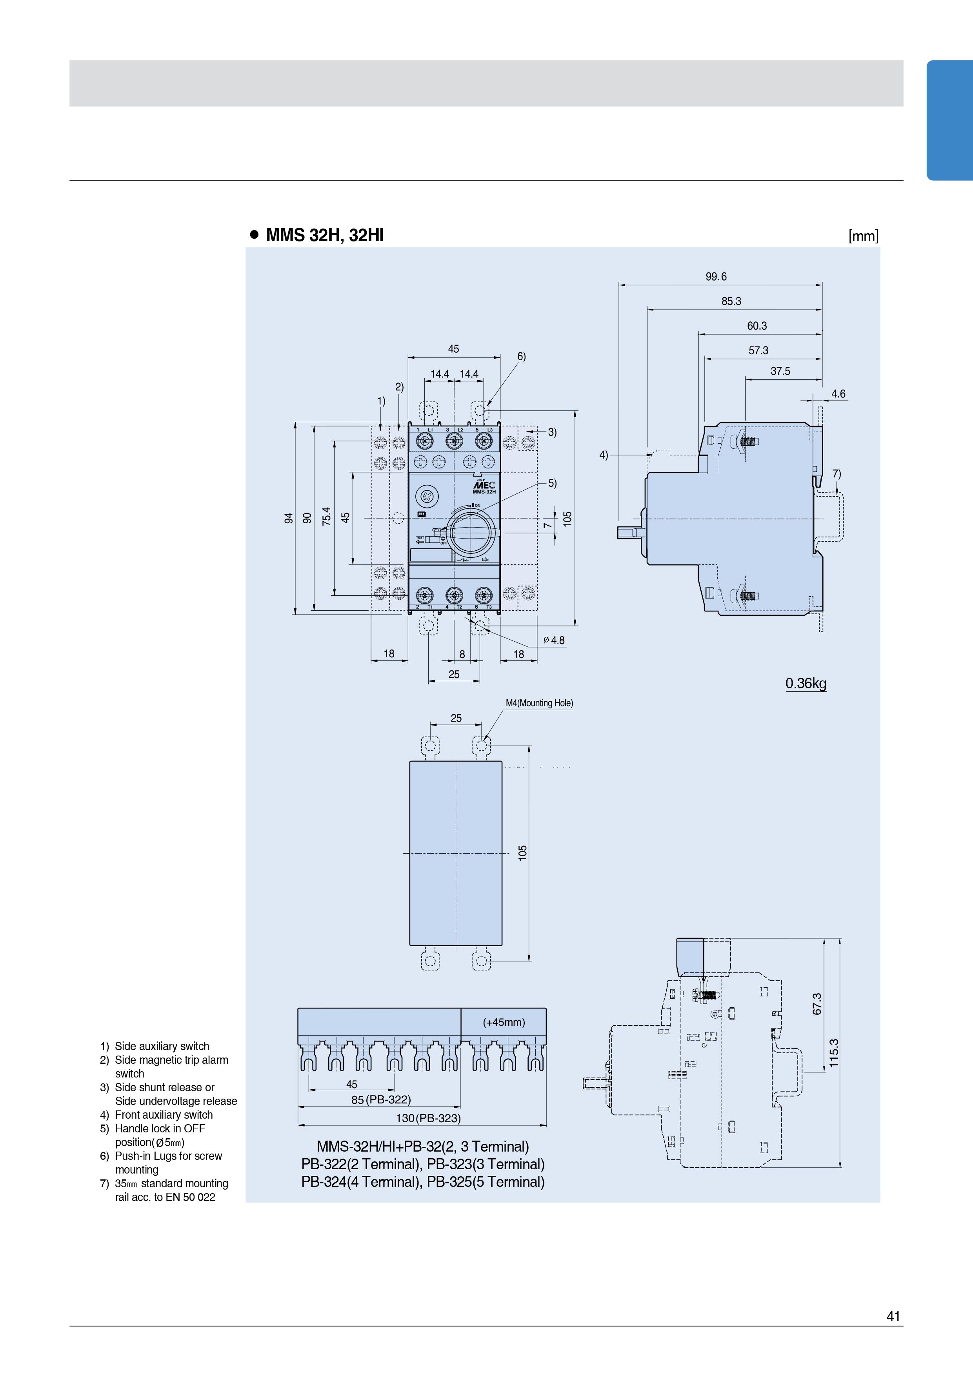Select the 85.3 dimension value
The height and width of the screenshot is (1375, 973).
point(731,301)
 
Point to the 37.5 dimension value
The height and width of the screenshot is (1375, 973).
point(780,371)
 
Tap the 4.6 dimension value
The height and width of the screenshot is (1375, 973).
point(838,394)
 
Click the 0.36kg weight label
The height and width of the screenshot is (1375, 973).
point(806,683)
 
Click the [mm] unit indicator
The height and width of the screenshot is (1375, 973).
point(863,236)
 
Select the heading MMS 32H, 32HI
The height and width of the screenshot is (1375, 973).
point(324,235)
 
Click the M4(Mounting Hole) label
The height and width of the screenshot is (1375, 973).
point(539,703)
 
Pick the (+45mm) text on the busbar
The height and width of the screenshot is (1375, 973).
point(504,1022)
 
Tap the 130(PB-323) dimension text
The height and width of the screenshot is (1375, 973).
point(428,1118)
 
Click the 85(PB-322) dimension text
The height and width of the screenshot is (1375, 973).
point(381,1099)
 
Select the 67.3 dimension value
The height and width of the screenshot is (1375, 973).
point(817,1004)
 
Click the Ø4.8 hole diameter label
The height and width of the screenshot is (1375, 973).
point(554,640)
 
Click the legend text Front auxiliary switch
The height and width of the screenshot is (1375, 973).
point(164,1114)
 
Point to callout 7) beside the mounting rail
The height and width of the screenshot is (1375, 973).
point(837,474)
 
